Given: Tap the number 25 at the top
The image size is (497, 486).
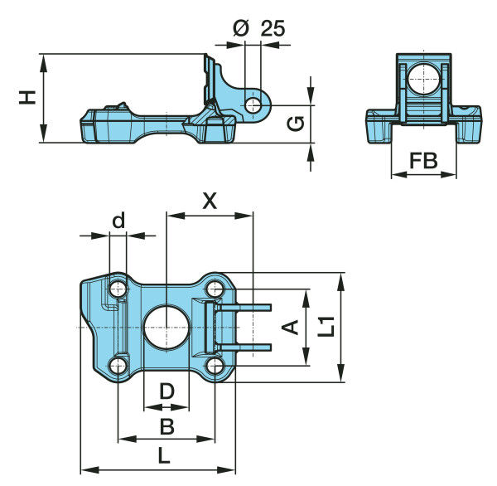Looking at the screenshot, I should (x=273, y=28).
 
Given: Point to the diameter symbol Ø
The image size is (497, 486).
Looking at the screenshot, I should (x=241, y=28).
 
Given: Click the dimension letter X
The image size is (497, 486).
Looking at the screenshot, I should (x=210, y=200).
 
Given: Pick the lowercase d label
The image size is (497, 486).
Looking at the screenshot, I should (x=118, y=221).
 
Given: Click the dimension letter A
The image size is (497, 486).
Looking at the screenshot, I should (x=290, y=328).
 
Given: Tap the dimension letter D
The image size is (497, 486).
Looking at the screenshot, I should (x=166, y=390).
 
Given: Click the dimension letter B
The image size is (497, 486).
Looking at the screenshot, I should (x=166, y=426).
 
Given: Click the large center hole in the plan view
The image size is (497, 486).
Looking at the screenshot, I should (x=166, y=328).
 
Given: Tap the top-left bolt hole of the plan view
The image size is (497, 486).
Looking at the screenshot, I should (x=118, y=289).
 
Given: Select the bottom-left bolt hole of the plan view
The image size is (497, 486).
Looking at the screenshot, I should (x=118, y=366).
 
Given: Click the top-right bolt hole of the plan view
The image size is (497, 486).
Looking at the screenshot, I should (x=216, y=289).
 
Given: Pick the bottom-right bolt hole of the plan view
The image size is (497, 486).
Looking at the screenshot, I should (x=216, y=366).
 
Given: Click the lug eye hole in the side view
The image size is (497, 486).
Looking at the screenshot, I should (x=255, y=104).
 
